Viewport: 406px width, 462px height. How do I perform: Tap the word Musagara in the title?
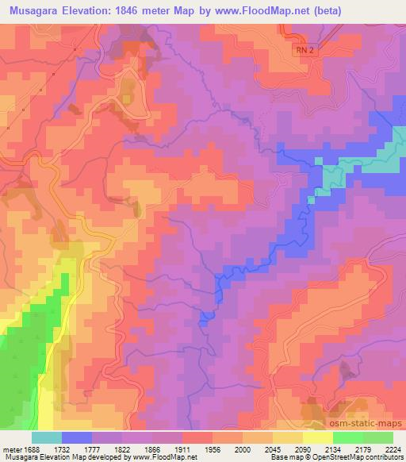[35, 10]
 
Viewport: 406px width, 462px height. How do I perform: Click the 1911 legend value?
[182, 449]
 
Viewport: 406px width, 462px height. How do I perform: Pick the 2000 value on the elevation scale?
[252, 449]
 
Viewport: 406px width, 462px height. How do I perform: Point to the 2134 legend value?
[324, 449]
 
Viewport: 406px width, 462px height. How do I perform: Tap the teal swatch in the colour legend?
[46, 437]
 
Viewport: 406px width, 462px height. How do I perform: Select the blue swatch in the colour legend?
[76, 437]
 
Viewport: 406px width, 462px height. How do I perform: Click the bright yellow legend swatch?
[317, 437]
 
